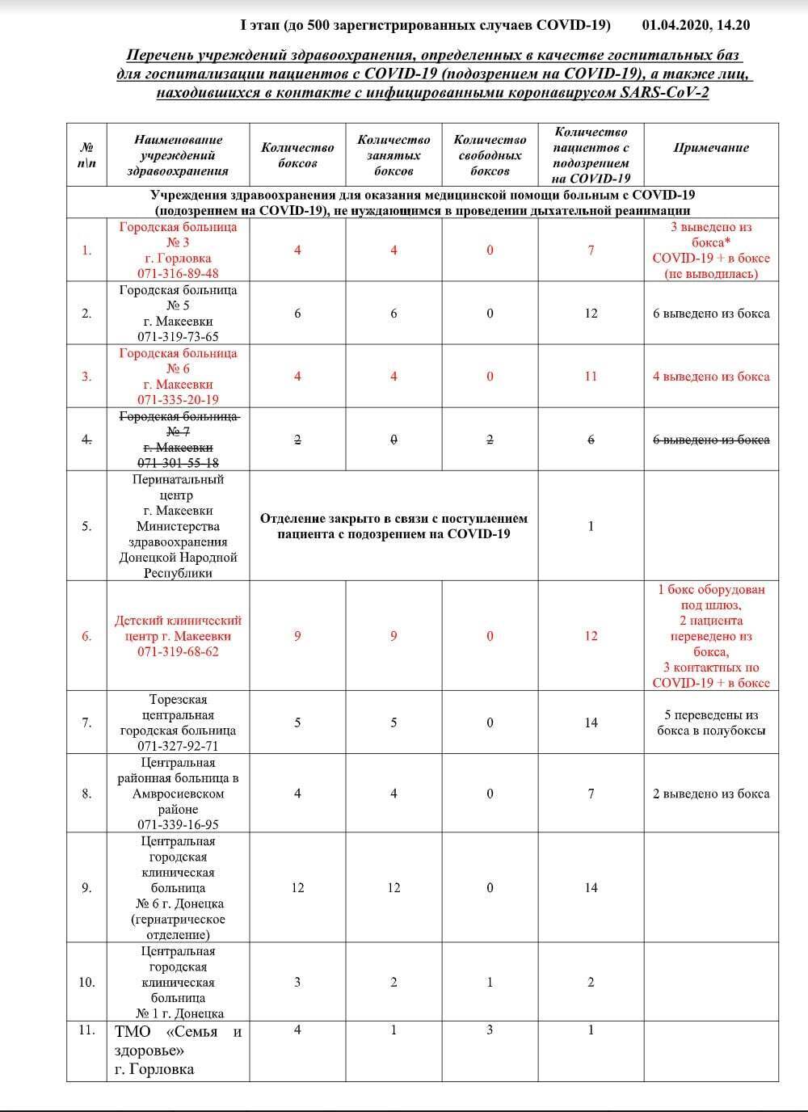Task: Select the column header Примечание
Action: pyautogui.click(x=711, y=148)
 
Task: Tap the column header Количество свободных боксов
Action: pyautogui.click(x=490, y=155)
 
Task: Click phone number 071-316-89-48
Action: pyautogui.click(x=178, y=274)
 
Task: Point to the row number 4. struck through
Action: pyautogui.click(x=86, y=440)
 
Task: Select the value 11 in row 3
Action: pyautogui.click(x=591, y=377)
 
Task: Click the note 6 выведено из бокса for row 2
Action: pyautogui.click(x=711, y=314)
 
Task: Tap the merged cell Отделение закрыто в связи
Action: pyautogui.click(x=393, y=526)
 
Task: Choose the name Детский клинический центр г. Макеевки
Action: pyautogui.click(x=178, y=628)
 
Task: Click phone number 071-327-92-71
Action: pyautogui.click(x=178, y=746)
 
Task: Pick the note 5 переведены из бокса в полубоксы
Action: pyautogui.click(x=711, y=722)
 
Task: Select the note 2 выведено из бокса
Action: pyautogui.click(x=711, y=794)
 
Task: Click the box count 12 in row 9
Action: pyautogui.click(x=297, y=888)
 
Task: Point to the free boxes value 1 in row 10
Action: pyautogui.click(x=490, y=983)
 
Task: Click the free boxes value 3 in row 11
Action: pyautogui.click(x=490, y=1030)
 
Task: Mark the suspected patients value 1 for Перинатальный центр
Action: pyautogui.click(x=591, y=526)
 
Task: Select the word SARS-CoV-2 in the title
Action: pyautogui.click(x=664, y=92)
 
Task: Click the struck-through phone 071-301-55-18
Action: pyautogui.click(x=178, y=463)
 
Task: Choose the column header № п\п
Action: pyautogui.click(x=86, y=155)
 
